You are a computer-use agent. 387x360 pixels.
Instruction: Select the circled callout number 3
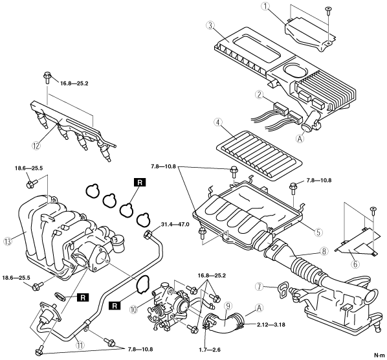210,26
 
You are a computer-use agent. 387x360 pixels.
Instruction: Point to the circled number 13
8,241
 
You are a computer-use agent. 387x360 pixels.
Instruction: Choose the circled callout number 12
36,146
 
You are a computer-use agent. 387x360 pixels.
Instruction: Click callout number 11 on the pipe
80,345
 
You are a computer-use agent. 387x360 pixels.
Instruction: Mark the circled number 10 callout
133,309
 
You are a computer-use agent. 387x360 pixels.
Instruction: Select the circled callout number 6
355,264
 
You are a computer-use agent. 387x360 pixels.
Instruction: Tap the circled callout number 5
318,232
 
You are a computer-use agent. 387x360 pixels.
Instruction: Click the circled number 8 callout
324,251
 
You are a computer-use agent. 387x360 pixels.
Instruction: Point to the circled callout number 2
259,95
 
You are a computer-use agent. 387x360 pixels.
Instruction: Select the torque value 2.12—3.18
271,324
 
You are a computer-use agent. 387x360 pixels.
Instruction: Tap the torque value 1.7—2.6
210,350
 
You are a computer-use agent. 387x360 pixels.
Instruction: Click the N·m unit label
379,355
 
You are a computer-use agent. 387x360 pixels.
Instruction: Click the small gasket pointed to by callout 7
282,291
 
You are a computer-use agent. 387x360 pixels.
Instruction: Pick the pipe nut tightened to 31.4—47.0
148,233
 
